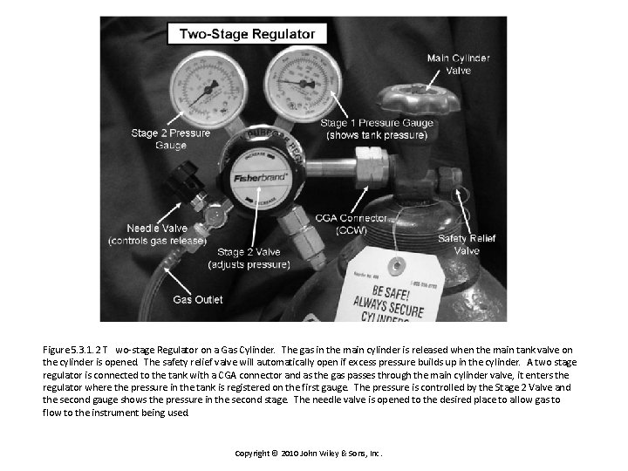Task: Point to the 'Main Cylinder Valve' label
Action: pos(458,64)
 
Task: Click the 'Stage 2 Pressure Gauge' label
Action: pos(171,139)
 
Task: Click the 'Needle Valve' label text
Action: pos(157,234)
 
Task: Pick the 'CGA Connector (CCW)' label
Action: pos(346,222)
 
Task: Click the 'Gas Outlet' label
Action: pos(197,299)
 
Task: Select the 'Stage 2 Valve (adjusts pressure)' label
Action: pos(249,258)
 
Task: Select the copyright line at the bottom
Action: pos(309,454)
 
